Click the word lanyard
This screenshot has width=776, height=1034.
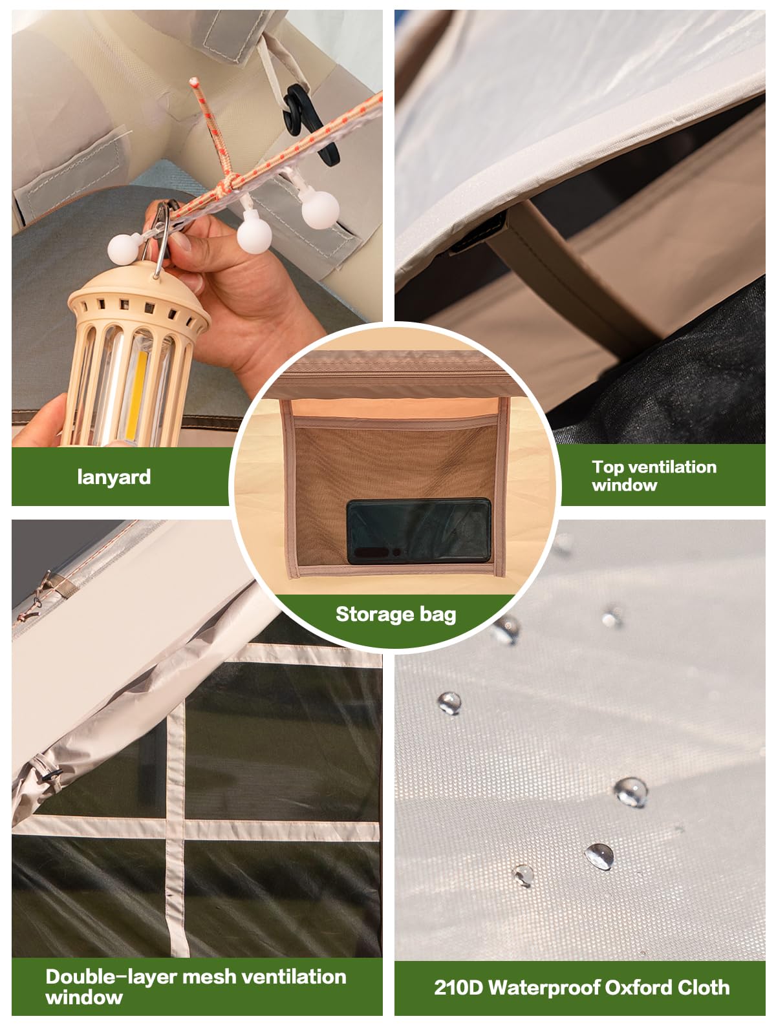pyautogui.click(x=114, y=477)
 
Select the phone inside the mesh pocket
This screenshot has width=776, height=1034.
pyautogui.click(x=418, y=531)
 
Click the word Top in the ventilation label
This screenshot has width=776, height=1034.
pyautogui.click(x=607, y=467)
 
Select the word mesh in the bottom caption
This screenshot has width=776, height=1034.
pyautogui.click(x=209, y=977)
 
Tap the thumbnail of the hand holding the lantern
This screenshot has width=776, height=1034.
pyautogui.click(x=197, y=228)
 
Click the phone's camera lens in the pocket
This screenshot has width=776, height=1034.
pyautogui.click(x=396, y=552)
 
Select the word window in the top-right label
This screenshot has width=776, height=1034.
pyautogui.click(x=624, y=485)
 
